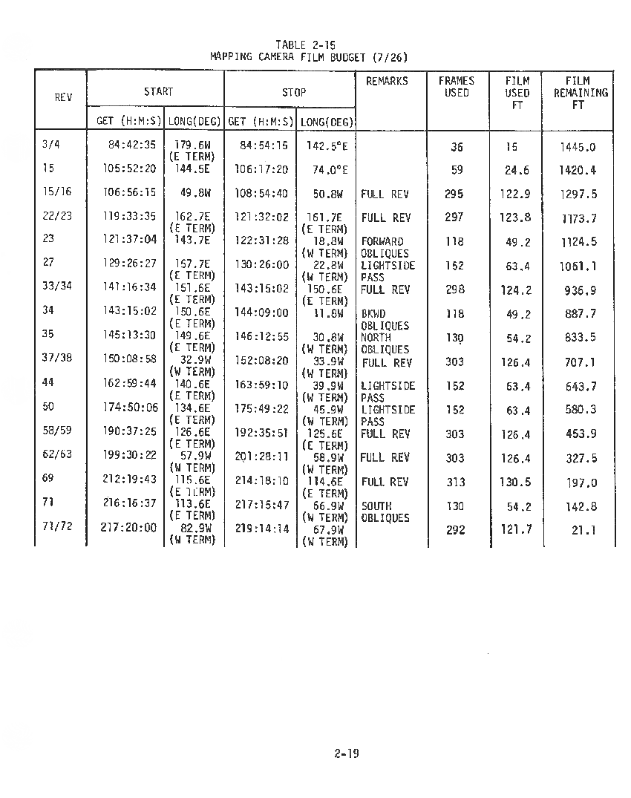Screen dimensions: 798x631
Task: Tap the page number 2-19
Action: pyautogui.click(x=346, y=753)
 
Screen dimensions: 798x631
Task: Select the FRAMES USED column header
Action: pyautogui.click(x=457, y=87)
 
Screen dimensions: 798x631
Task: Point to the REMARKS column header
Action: pyautogui.click(x=387, y=81)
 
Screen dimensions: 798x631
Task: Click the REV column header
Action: pyautogui.click(x=63, y=97)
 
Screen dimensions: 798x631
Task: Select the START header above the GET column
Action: pyautogui.click(x=158, y=92)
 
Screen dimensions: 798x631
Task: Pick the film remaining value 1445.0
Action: pyautogui.click(x=578, y=147)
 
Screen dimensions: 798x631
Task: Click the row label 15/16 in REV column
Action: pyautogui.click(x=57, y=192)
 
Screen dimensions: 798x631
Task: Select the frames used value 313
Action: pyautogui.click(x=456, y=483)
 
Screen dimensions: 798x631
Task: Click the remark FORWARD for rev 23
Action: pyautogui.click(x=382, y=241)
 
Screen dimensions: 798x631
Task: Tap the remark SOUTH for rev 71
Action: pyautogui.click(x=376, y=506)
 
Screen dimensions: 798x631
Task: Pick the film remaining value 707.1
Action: pyautogui.click(x=580, y=362)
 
